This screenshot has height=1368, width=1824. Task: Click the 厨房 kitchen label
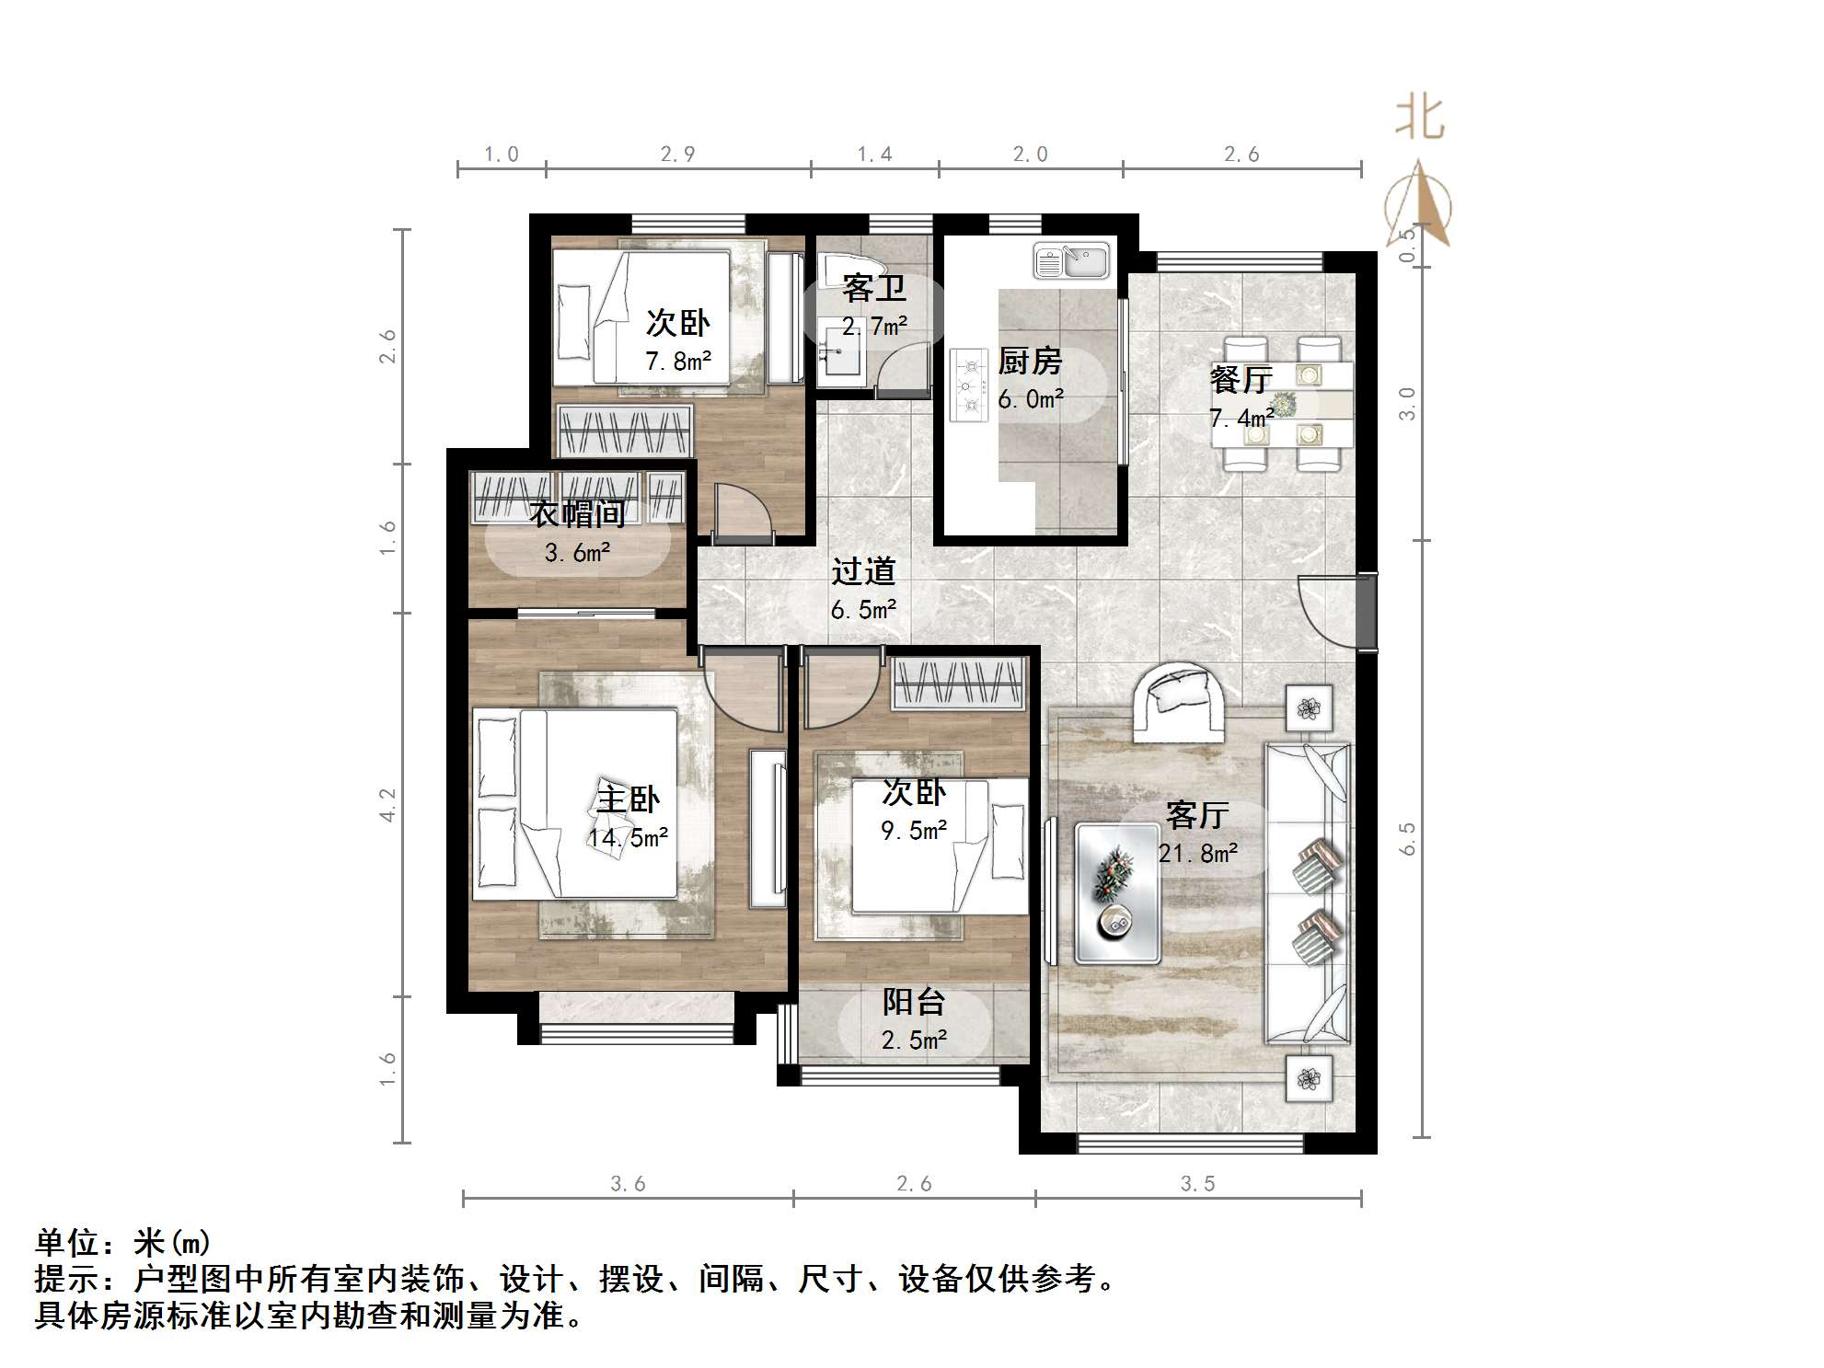pos(1030,362)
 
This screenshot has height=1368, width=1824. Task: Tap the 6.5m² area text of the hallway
pos(863,610)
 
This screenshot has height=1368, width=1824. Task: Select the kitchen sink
pos(1071,259)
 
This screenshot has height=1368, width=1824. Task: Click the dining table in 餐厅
pos(1282,404)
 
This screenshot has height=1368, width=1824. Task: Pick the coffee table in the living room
pos(1117,892)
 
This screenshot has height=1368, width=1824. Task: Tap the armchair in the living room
pos(1178,702)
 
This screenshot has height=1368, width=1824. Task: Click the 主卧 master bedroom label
pos(629,799)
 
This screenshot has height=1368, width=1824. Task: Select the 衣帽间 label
pos(578,513)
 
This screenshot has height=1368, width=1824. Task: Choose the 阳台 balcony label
pos(914,1002)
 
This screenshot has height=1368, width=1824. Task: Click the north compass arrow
pos(1419,203)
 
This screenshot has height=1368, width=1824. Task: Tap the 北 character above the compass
pos(1420,119)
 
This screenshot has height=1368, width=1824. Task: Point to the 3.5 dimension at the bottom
pos(1198,1184)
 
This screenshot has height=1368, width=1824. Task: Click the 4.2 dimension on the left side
pos(387,804)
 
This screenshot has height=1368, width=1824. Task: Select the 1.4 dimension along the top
pos(874,155)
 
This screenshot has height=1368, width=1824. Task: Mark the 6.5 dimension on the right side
pos(1407,839)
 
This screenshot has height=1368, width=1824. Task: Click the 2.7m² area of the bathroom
pos(874,326)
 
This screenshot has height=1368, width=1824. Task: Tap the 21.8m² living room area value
pos(1197,854)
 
